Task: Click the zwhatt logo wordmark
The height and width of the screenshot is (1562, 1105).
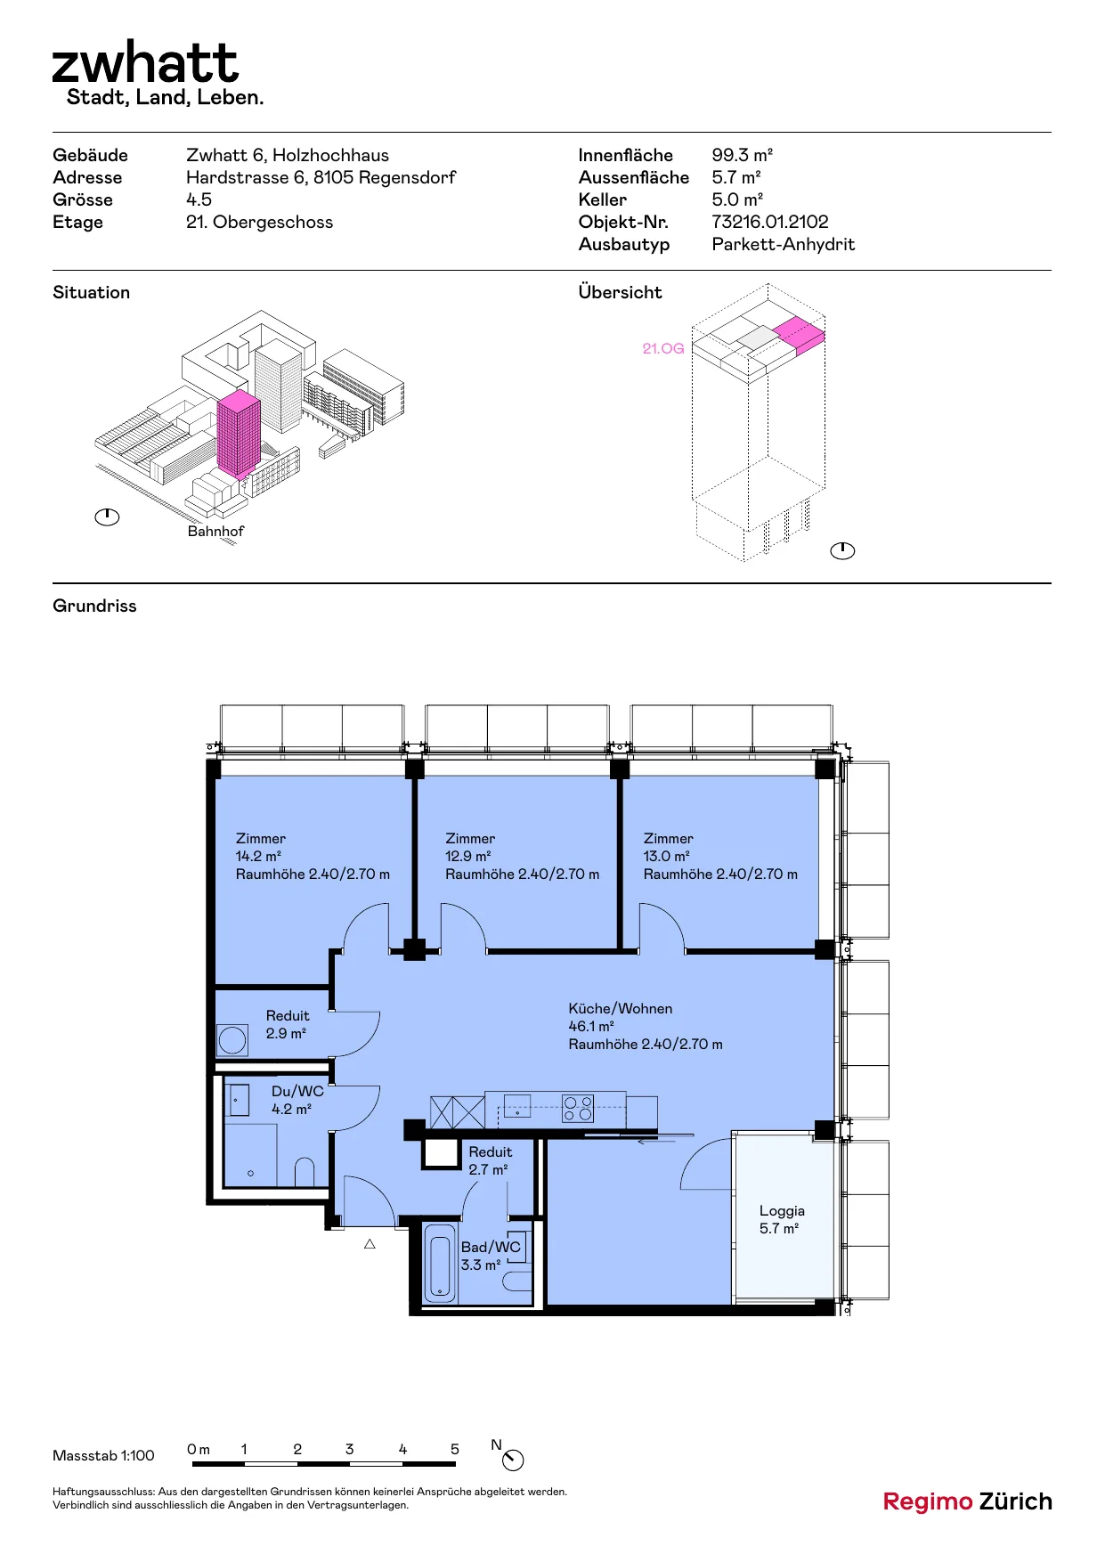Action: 145,62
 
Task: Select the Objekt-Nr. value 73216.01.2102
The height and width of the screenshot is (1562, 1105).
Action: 770,222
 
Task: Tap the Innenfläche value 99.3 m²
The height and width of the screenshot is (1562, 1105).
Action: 742,155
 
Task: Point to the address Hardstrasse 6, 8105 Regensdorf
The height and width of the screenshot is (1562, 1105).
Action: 321,177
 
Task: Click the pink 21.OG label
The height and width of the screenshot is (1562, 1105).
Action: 663,348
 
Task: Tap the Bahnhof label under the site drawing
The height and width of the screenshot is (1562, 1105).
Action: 215,531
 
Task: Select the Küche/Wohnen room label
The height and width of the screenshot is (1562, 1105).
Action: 621,1008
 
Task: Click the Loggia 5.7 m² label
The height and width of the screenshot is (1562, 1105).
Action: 781,1219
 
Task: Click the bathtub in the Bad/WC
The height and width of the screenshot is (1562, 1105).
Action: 441,1264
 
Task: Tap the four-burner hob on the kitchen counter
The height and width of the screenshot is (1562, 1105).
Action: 578,1109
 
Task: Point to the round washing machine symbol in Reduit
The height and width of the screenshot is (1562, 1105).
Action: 232,1039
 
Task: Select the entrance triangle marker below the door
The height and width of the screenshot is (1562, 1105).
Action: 370,1244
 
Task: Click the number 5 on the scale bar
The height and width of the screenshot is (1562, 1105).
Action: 455,1449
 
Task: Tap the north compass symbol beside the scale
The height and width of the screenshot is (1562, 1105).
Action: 513,1460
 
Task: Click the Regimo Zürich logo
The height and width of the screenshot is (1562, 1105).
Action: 967,1501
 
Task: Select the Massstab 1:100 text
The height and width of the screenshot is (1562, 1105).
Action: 103,1455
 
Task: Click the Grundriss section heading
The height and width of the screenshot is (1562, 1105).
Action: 94,606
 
